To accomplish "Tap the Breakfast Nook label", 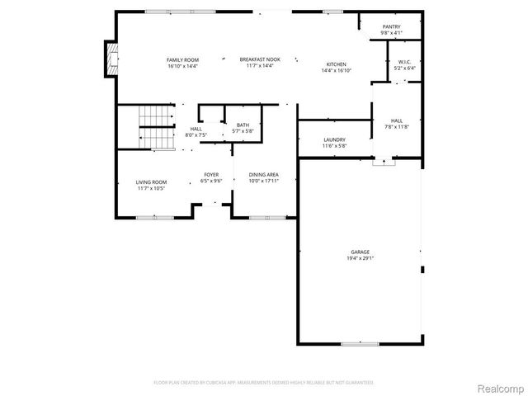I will (x=260, y=60).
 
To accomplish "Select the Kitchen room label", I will (x=336, y=64).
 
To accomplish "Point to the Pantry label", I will (x=391, y=27).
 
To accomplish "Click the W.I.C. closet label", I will (x=404, y=62).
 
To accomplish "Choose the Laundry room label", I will (x=334, y=139).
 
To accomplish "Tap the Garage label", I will (x=360, y=252).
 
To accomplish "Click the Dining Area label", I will (x=262, y=175).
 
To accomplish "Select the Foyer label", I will (x=211, y=175).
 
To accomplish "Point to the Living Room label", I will (x=152, y=181).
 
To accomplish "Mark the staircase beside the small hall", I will (x=156, y=127).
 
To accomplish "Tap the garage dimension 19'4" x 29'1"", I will (x=360, y=258).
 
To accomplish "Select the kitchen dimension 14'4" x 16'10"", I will (x=336, y=71).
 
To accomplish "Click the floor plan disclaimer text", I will (x=264, y=383).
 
